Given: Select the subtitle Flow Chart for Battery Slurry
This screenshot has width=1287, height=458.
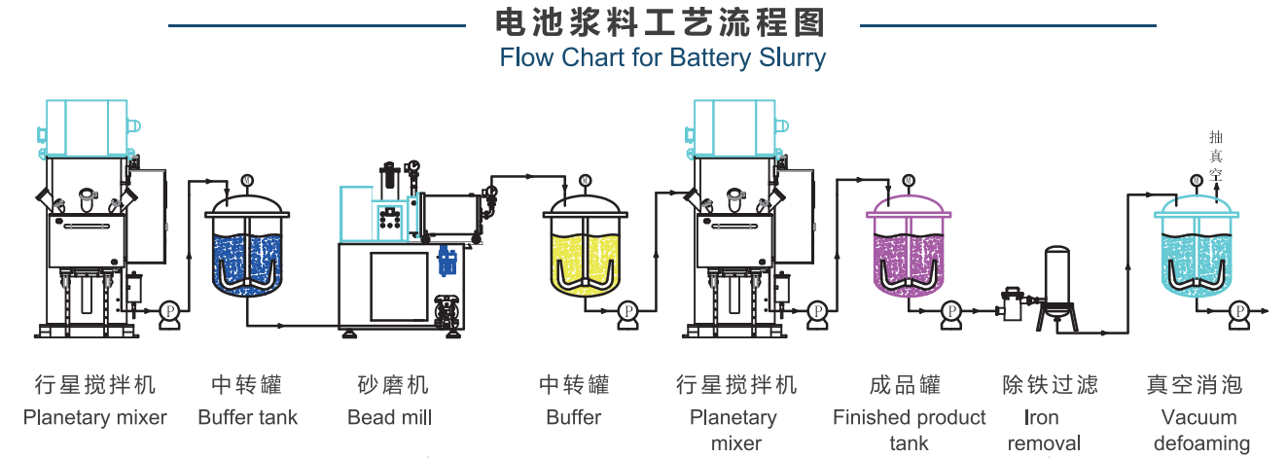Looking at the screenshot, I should point(661,57).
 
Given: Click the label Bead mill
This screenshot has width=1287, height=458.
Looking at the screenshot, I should point(389,418).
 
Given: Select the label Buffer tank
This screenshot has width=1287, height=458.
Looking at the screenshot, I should point(247,418).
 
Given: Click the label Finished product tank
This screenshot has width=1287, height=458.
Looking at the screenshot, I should point(909,431).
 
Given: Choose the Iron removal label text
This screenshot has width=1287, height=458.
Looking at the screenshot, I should point(1043,431).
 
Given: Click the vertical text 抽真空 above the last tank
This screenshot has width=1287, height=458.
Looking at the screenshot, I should point(1215,157).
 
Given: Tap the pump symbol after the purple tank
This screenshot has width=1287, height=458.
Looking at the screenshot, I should point(950,310).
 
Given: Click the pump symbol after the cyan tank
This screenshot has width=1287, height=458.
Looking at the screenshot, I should point(1237,310).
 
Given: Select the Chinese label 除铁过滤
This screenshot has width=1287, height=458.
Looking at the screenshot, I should point(1050,385).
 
